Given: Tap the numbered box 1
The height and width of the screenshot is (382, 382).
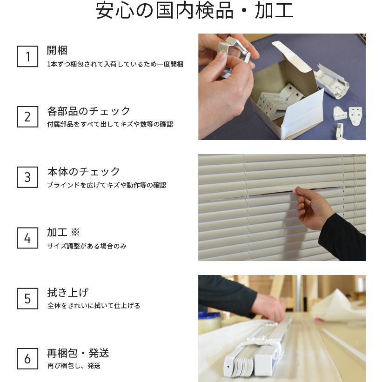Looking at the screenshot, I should tap(27, 56).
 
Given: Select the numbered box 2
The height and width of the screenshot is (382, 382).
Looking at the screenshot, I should tap(27, 117).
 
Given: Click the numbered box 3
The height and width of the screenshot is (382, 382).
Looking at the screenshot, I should tap(27, 177).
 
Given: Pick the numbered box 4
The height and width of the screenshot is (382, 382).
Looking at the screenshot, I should tap(27, 238).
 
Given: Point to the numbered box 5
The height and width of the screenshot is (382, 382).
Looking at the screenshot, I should tap(27, 298).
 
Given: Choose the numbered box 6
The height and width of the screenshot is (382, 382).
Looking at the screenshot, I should tap(27, 359).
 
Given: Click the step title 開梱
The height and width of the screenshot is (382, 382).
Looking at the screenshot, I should tap(57, 50).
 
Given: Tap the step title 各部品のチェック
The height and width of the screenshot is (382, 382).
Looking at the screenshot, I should tap(89, 111).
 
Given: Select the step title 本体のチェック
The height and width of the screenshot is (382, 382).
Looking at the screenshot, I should tap(84, 172).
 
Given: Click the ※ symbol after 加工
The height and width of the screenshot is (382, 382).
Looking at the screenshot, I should tap(75, 232).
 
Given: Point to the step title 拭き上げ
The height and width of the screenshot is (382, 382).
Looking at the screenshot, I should tap(67, 293).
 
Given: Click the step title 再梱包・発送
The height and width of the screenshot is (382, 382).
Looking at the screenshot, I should tap(78, 353).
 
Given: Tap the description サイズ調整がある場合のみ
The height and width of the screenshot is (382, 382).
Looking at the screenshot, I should tap(87, 246).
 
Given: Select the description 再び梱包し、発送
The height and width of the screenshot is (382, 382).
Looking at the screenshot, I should tap(74, 366).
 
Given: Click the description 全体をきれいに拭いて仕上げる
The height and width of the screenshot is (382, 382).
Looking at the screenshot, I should tap(94, 306).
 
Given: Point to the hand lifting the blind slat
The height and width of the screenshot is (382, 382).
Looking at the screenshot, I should tap(314, 207).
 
